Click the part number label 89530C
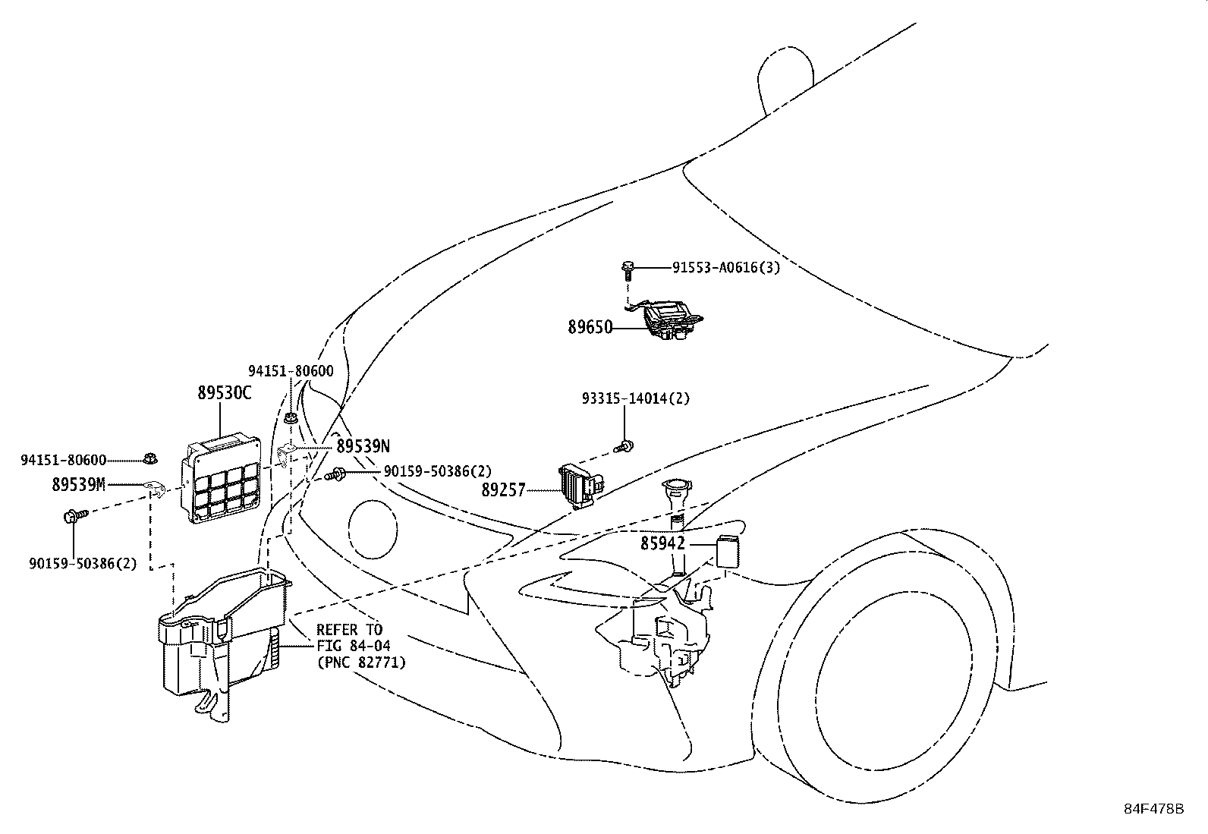point(225,393)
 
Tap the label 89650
point(590,327)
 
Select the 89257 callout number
point(503,489)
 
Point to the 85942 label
point(662,543)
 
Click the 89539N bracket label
point(363,446)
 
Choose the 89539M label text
point(79,484)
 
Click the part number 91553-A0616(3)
point(726,268)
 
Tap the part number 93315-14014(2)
point(636,398)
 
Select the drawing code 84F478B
point(1153,809)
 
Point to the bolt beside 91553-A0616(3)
point(628,272)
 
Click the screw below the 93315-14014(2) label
point(624,447)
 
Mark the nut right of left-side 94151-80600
point(150,459)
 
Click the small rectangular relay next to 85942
point(728,551)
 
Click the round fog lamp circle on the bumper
point(373,530)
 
